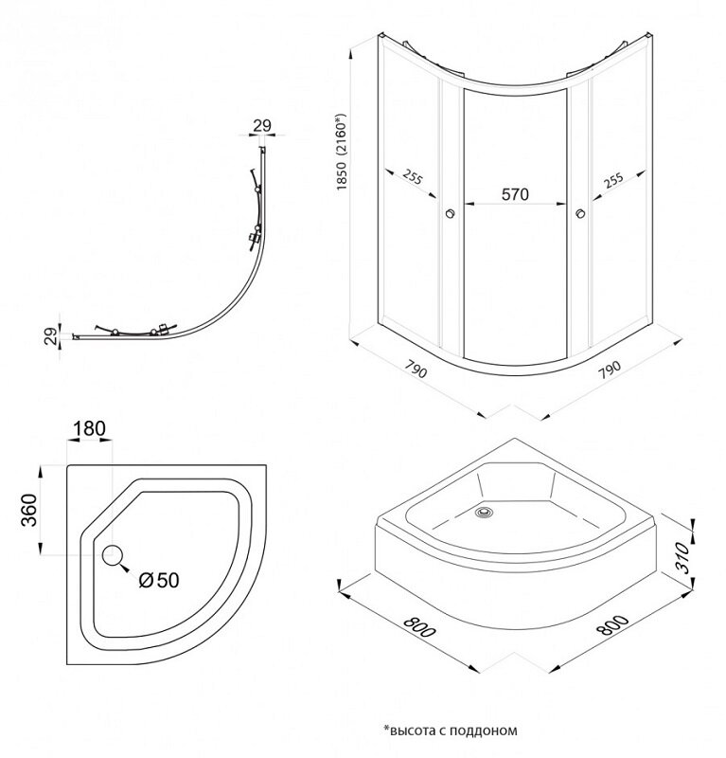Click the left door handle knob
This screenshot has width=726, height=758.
click(450, 214)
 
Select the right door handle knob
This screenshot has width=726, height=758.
click(579, 214)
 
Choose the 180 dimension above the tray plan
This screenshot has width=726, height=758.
click(88, 428)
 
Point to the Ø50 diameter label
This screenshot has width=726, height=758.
click(157, 580)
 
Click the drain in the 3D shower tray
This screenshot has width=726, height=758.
click(486, 513)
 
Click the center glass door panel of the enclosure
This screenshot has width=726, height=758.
click(515, 265)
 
